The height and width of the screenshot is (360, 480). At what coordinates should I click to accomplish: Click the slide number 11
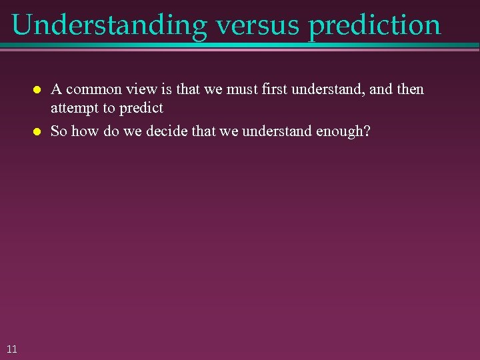[12, 348]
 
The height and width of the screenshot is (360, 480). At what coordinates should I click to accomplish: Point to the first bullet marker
[37, 89]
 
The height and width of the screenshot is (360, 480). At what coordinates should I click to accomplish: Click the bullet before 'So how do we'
[37, 131]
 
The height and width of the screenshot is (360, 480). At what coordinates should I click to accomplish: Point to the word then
[409, 89]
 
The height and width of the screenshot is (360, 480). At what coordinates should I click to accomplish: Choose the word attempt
[73, 108]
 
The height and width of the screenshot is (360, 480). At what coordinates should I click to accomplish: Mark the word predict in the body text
[141, 108]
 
